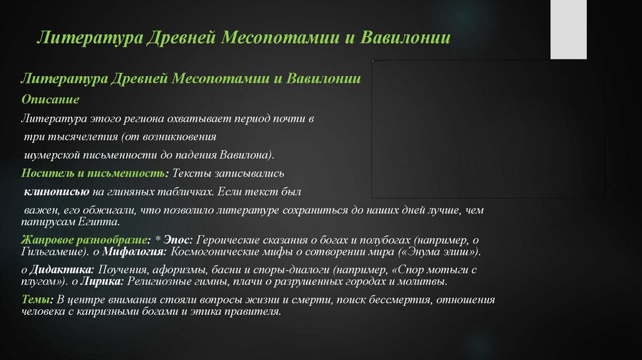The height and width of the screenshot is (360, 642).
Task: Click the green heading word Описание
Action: point(50,100)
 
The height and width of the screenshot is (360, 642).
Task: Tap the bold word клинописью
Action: point(53,191)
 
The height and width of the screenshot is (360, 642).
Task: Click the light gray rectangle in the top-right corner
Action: point(568,29)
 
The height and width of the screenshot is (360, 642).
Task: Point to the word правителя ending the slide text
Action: point(256,311)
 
